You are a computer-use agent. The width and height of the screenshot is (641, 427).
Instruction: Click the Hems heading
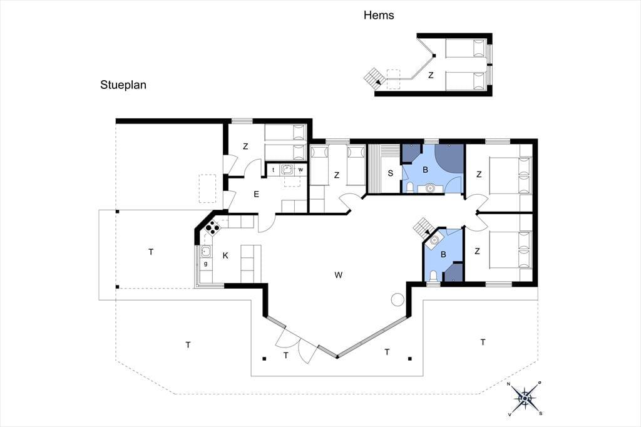(x=379, y=15)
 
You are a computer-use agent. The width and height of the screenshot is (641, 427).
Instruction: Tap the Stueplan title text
(x=123, y=85)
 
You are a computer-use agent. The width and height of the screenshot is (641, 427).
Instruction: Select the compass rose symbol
(x=525, y=398)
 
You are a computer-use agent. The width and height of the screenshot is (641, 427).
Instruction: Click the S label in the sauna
(x=391, y=173)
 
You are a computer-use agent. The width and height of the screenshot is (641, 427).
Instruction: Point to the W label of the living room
(x=338, y=275)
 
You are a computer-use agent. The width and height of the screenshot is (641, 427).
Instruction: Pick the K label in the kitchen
(x=225, y=255)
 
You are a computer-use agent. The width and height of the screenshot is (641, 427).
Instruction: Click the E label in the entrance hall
(x=256, y=194)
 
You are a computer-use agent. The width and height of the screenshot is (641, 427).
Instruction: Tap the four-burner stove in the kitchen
(x=213, y=227)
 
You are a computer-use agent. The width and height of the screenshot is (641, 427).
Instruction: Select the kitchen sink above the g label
(x=205, y=251)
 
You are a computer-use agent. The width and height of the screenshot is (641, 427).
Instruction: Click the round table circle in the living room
(x=397, y=300)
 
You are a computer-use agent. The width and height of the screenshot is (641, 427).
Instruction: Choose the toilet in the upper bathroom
(x=410, y=188)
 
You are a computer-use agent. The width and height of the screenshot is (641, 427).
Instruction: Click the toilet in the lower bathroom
(x=433, y=276)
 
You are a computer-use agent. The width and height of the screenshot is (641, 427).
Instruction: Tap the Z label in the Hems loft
(x=431, y=75)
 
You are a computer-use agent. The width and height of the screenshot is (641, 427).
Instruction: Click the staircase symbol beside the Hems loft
(x=375, y=77)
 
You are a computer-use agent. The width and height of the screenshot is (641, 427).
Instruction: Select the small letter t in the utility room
(x=273, y=170)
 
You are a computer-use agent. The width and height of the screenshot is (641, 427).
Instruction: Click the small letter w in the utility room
(x=301, y=170)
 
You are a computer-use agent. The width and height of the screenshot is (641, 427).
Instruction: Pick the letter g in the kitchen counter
(x=205, y=264)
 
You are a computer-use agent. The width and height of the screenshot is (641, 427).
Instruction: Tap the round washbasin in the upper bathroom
(x=429, y=188)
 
